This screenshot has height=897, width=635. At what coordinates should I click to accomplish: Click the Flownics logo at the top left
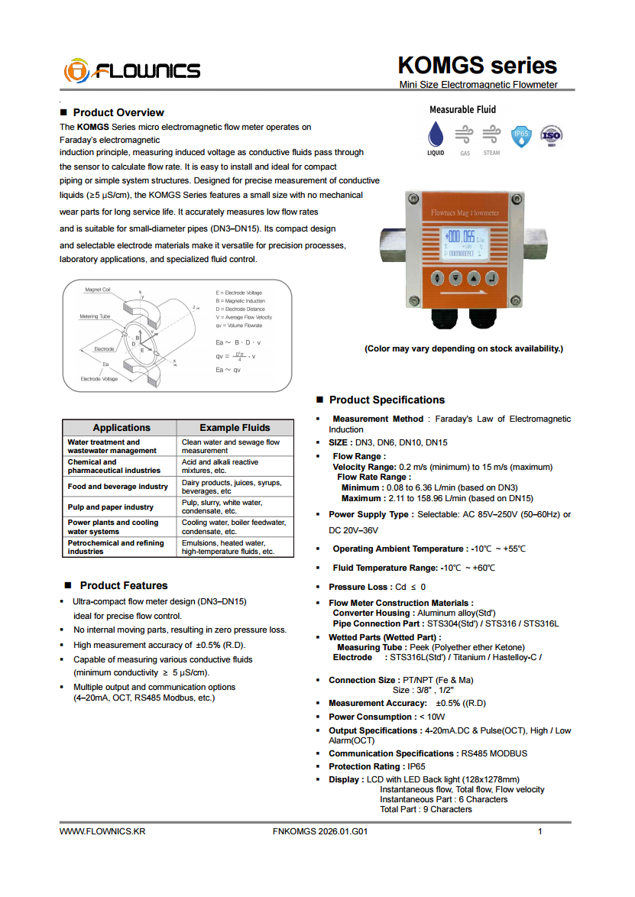tap(132, 70)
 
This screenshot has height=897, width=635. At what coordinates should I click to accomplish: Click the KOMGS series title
tap(477, 65)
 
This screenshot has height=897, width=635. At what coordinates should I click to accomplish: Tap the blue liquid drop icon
tap(435, 134)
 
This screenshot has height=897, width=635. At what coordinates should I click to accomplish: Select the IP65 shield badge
tap(521, 135)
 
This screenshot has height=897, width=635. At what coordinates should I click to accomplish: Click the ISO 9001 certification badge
tap(552, 135)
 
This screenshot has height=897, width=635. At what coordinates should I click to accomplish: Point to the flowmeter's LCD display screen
tap(465, 243)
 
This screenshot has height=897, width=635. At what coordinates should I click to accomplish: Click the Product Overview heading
tap(118, 112)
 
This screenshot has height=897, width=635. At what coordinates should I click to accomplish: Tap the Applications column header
tap(121, 428)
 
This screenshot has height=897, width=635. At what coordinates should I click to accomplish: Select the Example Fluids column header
tap(235, 428)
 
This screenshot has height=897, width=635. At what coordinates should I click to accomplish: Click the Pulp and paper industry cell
tap(111, 507)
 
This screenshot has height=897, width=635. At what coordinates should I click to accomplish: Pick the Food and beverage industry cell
tap(118, 487)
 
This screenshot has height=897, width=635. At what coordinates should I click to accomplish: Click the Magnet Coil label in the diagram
tap(98, 290)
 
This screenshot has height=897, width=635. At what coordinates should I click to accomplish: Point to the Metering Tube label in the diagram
tap(95, 316)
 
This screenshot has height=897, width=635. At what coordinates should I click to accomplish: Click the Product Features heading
tap(124, 585)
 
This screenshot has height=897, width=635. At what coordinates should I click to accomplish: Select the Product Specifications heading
tap(387, 400)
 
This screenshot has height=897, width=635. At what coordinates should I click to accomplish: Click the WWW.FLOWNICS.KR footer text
tap(102, 831)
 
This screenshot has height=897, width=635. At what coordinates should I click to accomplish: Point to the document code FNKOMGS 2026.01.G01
tap(319, 831)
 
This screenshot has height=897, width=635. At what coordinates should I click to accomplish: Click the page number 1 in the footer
tap(540, 831)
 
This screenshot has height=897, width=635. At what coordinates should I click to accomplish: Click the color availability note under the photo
tap(463, 348)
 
